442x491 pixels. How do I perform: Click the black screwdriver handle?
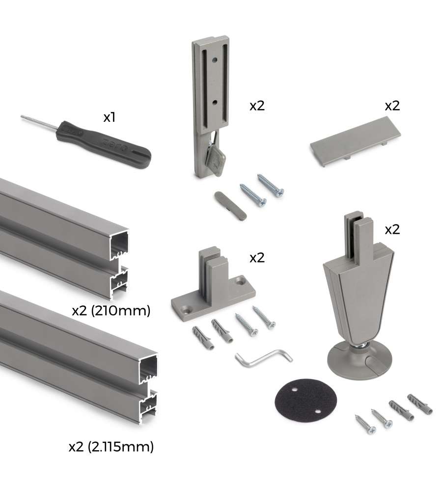pyautogui.click(x=103, y=144)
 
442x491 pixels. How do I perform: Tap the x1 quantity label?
pyautogui.click(x=110, y=117)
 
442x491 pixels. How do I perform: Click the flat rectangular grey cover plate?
pyautogui.click(x=356, y=141)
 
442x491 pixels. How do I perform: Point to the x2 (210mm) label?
pyautogui.click(x=111, y=311)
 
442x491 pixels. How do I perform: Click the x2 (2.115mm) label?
pyautogui.click(x=111, y=446)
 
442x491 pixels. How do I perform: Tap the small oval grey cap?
pyautogui.click(x=230, y=206)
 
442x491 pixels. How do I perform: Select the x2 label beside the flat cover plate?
pyautogui.click(x=392, y=106)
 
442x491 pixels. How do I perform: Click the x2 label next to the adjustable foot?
pyautogui.click(x=392, y=230)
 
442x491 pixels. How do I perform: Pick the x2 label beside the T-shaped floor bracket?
pyautogui.click(x=257, y=258)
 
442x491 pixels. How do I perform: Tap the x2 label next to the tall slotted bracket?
pyautogui.click(x=257, y=106)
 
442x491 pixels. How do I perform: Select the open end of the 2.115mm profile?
pyautogui.click(x=149, y=388)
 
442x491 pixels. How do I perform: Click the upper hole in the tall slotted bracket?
pyautogui.click(x=215, y=58)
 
